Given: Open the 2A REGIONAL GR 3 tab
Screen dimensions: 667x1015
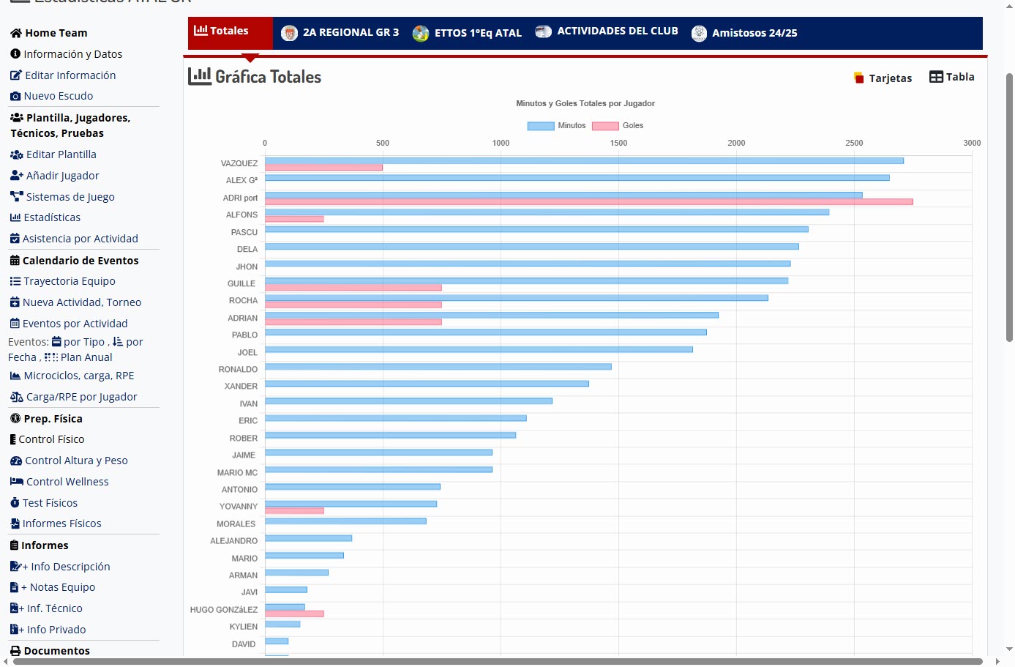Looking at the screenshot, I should point(341,33).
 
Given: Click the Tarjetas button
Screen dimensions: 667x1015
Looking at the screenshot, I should point(883,78).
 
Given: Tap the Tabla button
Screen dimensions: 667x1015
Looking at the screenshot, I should point(952,77).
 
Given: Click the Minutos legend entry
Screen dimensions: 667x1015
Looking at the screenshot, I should point(557,126).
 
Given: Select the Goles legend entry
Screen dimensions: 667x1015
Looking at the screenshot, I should point(618,126).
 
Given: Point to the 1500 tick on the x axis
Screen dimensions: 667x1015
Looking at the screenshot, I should point(618,144).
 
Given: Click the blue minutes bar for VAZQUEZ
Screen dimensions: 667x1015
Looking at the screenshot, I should point(584,161).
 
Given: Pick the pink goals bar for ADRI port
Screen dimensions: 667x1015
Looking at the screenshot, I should point(588,202).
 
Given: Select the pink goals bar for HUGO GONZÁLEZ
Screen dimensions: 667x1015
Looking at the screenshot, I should point(294,614).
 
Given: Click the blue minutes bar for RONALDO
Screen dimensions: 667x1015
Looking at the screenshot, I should point(438,367).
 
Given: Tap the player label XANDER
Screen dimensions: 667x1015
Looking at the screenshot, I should point(241,387).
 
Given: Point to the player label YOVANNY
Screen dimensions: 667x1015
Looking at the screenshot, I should point(239,507).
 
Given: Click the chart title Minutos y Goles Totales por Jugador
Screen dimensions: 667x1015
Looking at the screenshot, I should point(585,104).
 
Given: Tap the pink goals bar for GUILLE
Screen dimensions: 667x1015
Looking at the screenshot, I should point(353,288).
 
